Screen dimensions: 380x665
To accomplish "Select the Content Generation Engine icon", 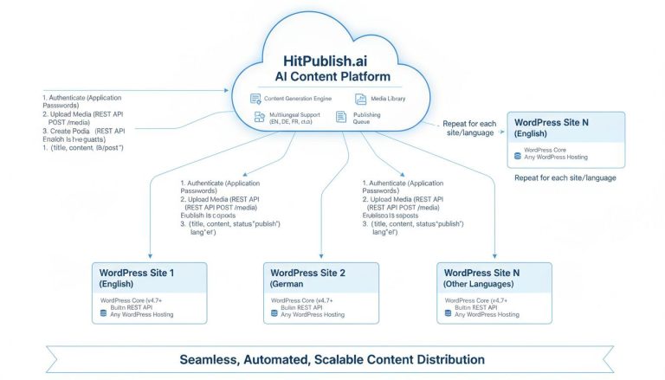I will tap(255, 100).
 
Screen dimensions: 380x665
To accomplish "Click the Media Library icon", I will tap(360, 100).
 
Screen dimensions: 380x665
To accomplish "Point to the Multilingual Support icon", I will tap(259, 117).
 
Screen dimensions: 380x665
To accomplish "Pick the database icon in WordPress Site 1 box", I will tap(104, 313).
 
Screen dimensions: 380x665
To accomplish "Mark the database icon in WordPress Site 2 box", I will tap(274, 313).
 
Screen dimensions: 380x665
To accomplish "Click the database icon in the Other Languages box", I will tap(448, 313).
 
